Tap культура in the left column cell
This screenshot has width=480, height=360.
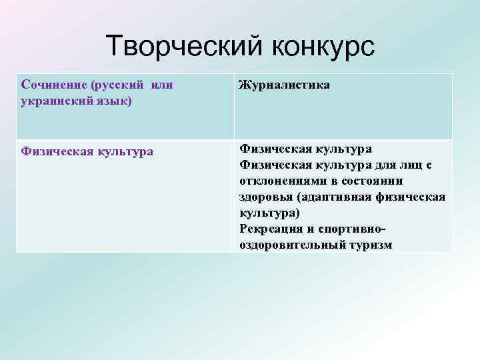click(126, 151)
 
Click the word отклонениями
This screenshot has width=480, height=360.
click(281, 181)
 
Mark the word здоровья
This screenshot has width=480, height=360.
click(265, 197)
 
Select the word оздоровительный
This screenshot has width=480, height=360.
click(292, 245)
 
